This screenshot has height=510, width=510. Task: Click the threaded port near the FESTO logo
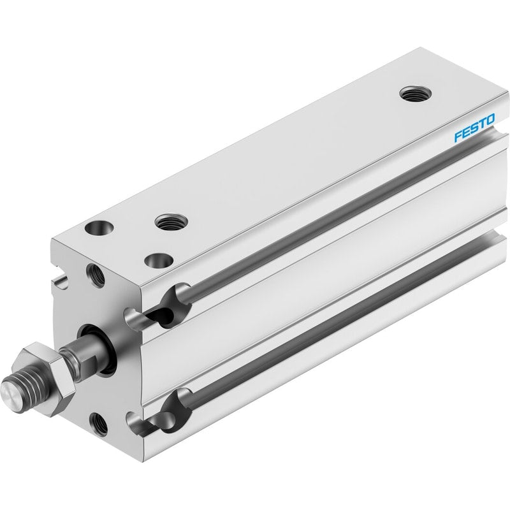pos(416,94)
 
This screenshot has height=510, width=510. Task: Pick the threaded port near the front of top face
pos(171,222)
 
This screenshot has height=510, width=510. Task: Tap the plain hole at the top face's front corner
pos(99,228)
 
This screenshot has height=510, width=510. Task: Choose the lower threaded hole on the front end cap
pos(99,424)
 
